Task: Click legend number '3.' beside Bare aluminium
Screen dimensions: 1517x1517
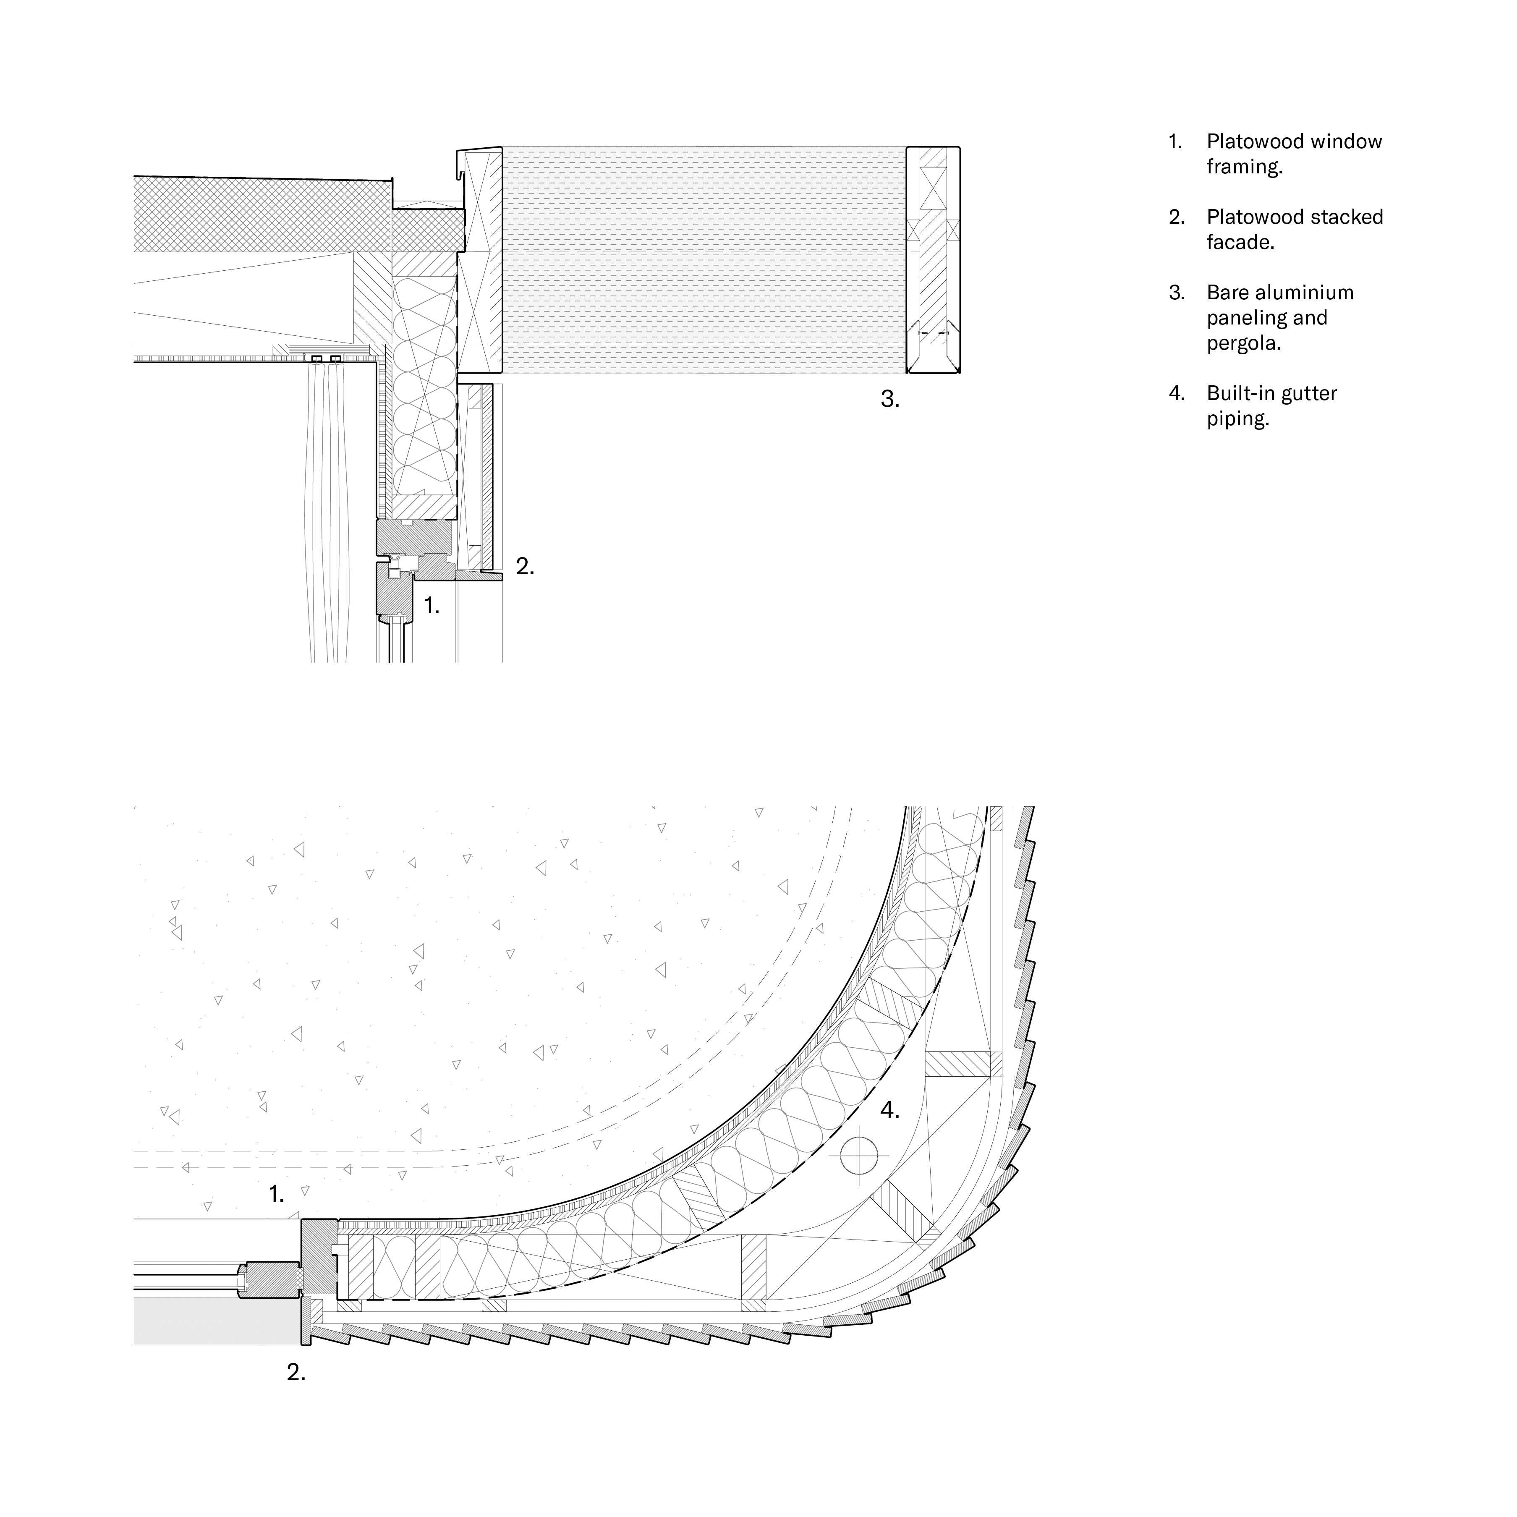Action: (1176, 293)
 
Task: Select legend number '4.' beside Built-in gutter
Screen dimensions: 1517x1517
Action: (1176, 393)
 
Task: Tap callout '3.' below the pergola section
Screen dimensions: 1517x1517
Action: (889, 400)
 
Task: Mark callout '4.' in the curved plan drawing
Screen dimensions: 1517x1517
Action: (889, 1110)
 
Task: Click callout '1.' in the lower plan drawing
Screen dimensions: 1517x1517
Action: (276, 1194)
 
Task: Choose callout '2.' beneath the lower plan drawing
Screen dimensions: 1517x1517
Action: (295, 1373)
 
